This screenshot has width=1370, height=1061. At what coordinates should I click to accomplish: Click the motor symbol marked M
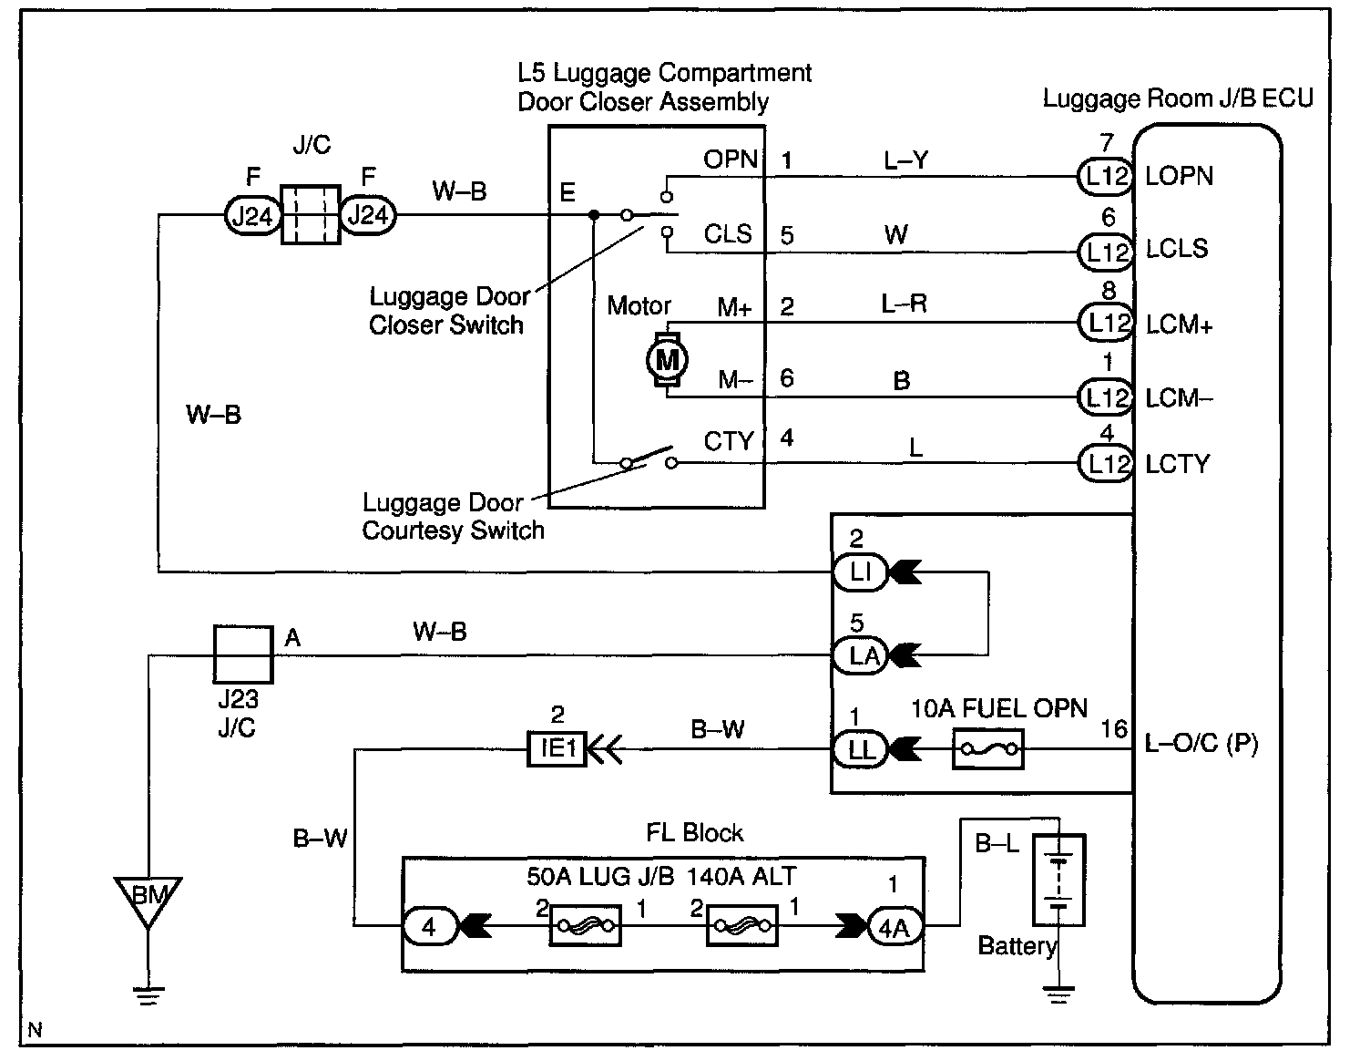[x=667, y=359]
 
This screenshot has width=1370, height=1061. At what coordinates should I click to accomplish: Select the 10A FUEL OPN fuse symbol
[x=987, y=748]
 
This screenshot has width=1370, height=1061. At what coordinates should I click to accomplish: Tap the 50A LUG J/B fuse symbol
[x=585, y=925]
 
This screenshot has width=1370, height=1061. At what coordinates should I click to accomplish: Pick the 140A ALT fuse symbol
[x=742, y=925]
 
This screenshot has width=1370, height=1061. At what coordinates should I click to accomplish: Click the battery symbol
[x=1058, y=880]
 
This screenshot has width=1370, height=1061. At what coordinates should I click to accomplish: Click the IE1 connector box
[x=557, y=748]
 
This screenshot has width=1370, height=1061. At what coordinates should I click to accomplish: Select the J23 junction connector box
[x=243, y=654]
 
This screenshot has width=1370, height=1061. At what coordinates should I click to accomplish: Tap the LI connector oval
[x=860, y=572]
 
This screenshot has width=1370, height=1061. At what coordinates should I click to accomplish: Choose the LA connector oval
[x=860, y=656]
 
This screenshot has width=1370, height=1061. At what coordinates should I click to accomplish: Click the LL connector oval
[x=860, y=749]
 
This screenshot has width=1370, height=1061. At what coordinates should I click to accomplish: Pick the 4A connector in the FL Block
[x=895, y=927]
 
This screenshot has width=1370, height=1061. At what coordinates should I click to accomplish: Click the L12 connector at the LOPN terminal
[x=1105, y=176]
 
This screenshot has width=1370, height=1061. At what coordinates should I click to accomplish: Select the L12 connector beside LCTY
[x=1105, y=464]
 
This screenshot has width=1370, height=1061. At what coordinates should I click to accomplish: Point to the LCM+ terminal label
[x=1179, y=324]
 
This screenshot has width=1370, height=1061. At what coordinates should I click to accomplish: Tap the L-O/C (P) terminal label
[x=1201, y=744]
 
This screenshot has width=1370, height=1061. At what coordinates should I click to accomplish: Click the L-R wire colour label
[x=905, y=304]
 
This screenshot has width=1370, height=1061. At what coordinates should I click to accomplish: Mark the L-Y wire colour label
[x=906, y=160]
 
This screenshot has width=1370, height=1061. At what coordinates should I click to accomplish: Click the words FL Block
[x=695, y=832]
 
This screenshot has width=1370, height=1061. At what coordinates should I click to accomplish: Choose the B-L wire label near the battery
[x=997, y=843]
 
